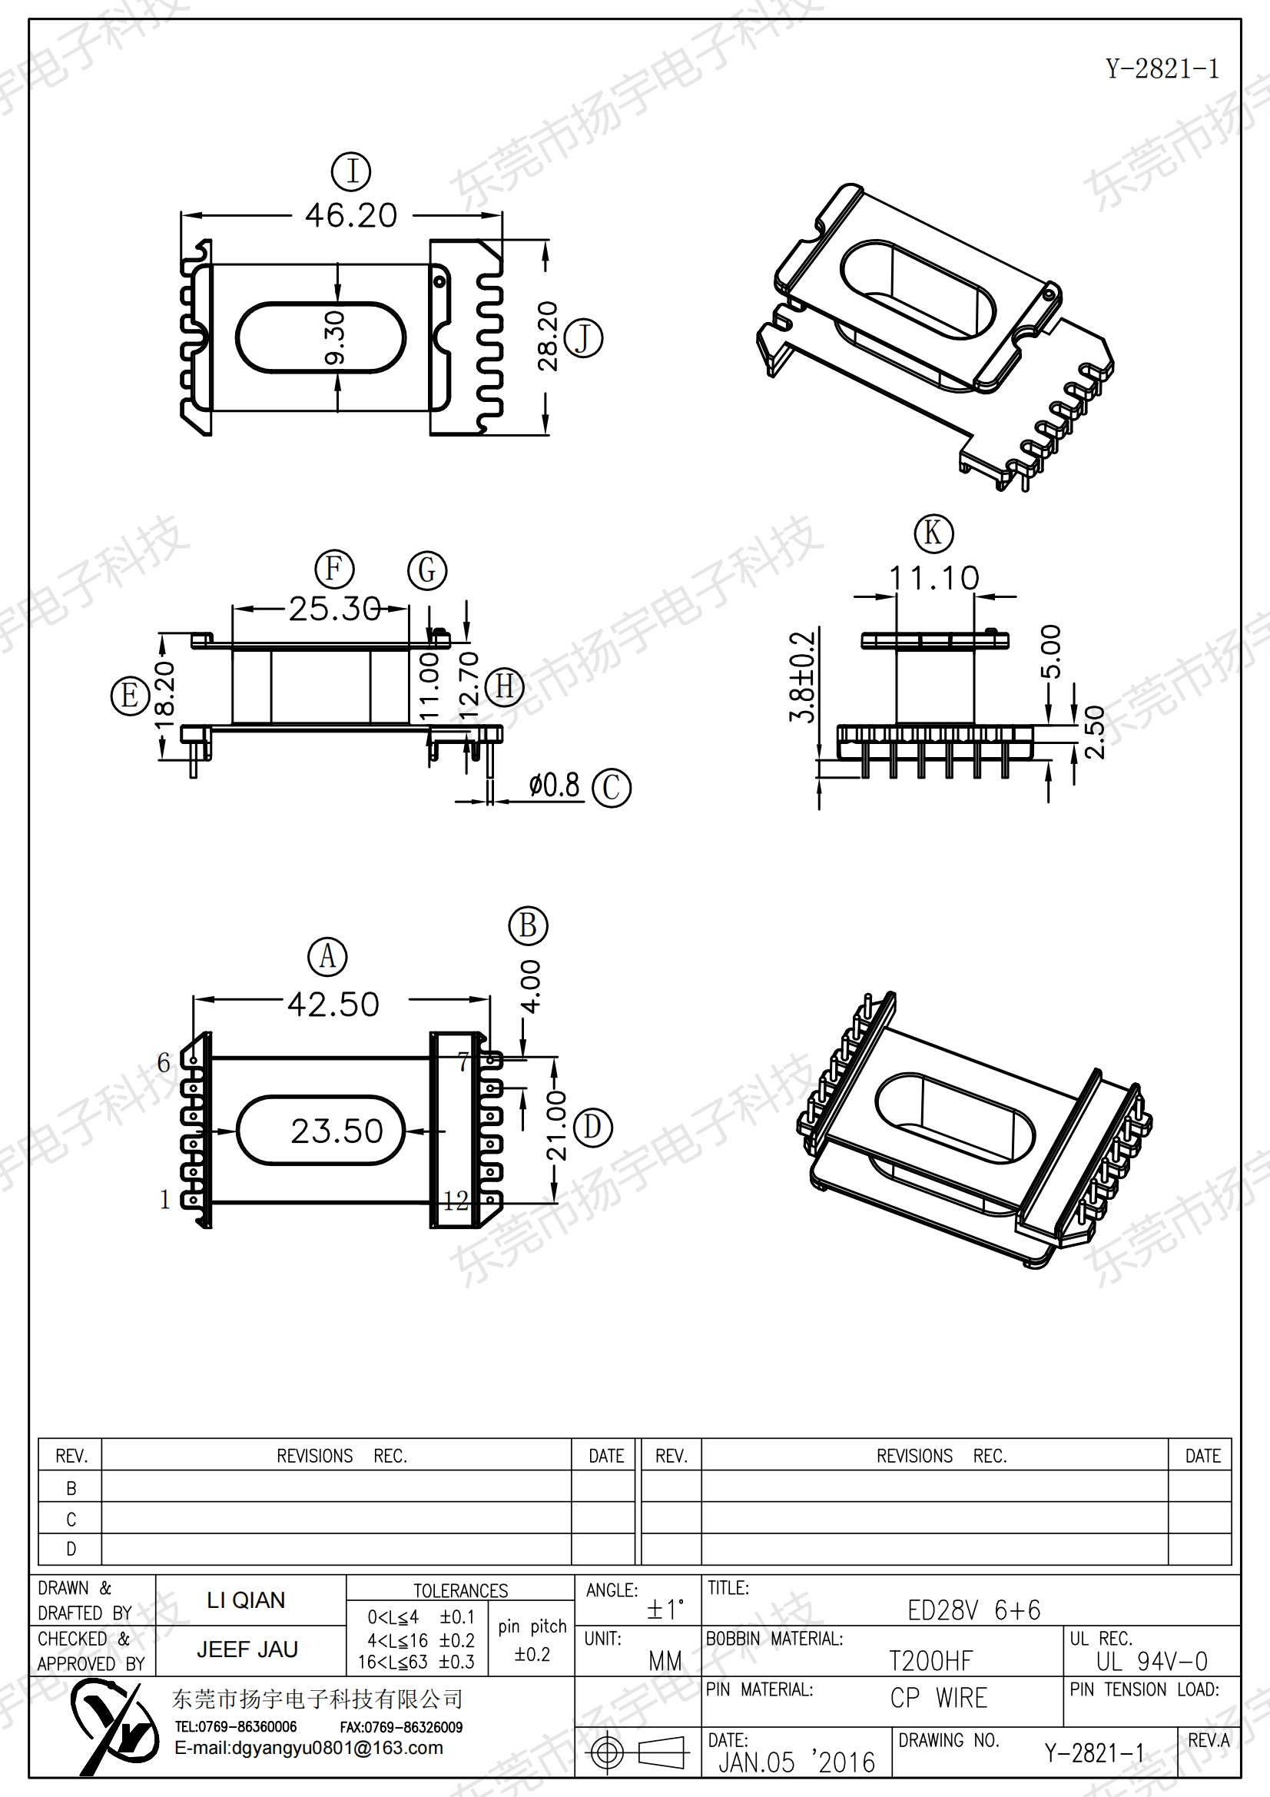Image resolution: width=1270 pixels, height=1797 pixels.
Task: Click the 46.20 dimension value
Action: [x=351, y=215]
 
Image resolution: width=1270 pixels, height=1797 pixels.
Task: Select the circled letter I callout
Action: [x=351, y=171]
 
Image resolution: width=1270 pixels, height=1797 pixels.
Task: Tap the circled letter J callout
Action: [x=583, y=338]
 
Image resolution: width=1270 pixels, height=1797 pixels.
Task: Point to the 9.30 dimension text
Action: [x=335, y=338]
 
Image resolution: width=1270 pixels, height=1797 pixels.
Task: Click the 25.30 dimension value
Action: [x=335, y=608]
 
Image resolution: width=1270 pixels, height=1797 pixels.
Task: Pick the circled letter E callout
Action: [x=130, y=696]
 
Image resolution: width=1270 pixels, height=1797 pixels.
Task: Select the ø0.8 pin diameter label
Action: [x=554, y=785]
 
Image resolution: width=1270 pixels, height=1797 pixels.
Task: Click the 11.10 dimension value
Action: [x=933, y=579]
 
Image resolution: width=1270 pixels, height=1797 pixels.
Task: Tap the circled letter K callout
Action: [x=933, y=533]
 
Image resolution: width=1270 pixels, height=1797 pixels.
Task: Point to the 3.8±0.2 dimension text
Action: [x=802, y=677]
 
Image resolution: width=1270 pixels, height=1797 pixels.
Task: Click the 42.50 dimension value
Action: [x=333, y=1004]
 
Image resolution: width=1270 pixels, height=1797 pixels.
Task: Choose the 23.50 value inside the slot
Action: [x=337, y=1131]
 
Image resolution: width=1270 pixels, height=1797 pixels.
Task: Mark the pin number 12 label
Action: [x=456, y=1201]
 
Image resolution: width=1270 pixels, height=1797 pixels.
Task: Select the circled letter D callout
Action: [x=592, y=1128]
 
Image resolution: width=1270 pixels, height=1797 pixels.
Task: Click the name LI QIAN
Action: [x=246, y=1600]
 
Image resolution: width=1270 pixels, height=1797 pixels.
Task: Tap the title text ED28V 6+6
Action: [x=974, y=1610]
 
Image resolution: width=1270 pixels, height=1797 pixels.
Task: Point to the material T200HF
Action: [x=931, y=1660]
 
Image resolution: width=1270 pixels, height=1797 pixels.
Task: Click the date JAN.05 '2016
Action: [x=797, y=1762]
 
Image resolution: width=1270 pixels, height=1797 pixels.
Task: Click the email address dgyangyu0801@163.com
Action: [x=308, y=1749]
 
